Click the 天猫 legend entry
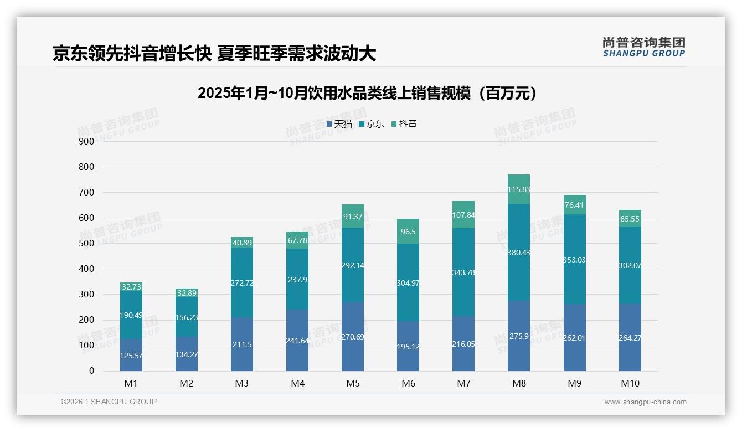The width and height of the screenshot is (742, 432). click(339, 124)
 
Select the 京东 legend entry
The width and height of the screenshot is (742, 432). click(372, 124)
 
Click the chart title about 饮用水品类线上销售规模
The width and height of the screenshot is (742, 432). click(367, 93)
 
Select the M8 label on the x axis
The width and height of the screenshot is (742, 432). click(519, 383)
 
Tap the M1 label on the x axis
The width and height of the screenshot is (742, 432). click(131, 383)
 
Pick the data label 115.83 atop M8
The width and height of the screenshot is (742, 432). click(519, 189)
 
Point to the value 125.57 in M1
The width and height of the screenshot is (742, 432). click(131, 356)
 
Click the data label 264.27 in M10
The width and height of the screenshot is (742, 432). click(630, 338)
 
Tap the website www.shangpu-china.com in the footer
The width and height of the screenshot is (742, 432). click(645, 402)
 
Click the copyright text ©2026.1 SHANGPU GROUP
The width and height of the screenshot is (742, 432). click(109, 402)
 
